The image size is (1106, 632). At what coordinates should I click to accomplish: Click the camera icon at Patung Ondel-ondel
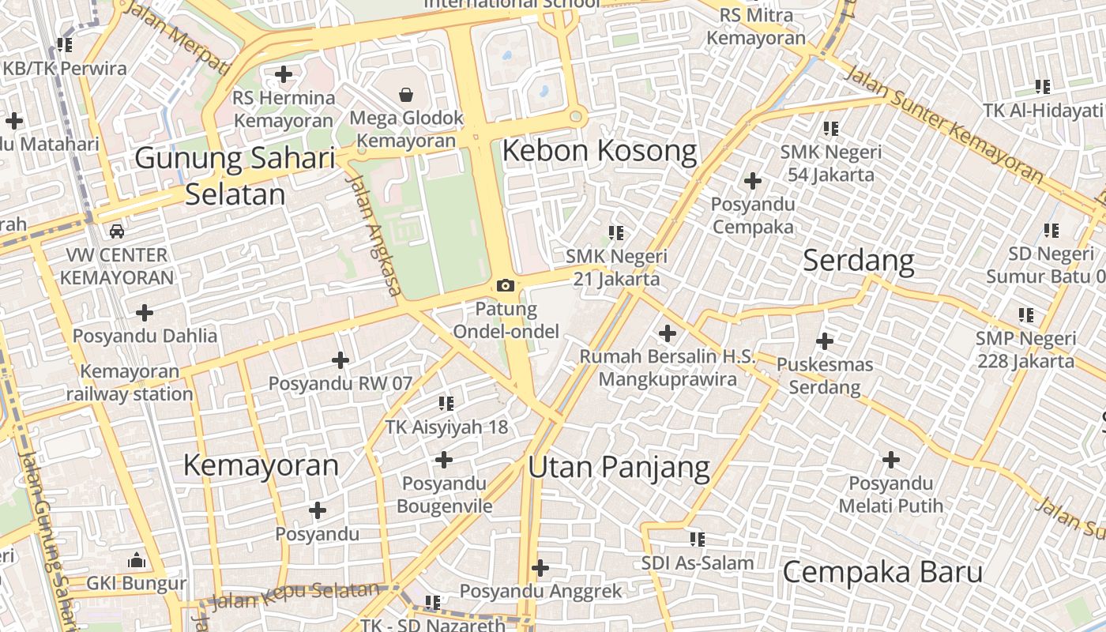point(506,285)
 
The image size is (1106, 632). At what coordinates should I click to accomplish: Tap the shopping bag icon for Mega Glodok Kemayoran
point(406,96)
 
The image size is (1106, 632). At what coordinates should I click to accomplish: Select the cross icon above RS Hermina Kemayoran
point(284,75)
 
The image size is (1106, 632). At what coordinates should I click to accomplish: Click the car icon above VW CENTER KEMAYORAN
point(117,231)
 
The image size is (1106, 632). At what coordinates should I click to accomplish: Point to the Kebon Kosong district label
point(600,150)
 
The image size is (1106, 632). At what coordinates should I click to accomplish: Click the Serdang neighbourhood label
point(858,261)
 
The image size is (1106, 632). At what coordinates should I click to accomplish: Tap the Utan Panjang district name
point(619,467)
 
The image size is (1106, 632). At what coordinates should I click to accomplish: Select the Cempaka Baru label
point(882,572)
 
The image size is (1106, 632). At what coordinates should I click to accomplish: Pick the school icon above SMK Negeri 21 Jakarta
point(616,233)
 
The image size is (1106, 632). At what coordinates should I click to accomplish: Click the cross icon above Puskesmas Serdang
point(825,341)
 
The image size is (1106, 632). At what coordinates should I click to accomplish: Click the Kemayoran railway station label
point(130,382)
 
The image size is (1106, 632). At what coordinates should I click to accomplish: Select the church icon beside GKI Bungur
point(137,561)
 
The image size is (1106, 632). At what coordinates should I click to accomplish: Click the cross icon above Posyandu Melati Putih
point(891,460)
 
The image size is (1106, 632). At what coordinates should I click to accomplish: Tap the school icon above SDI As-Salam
point(697,540)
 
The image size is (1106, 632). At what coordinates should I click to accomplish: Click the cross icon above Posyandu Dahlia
point(145,313)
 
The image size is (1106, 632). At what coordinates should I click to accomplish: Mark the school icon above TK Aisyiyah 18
point(446,404)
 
